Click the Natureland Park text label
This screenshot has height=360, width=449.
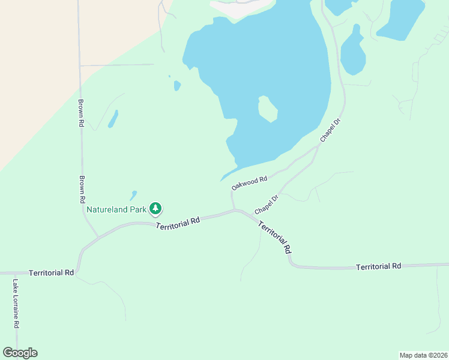117,210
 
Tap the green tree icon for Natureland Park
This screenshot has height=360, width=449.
156,209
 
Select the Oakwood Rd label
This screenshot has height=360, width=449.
249,183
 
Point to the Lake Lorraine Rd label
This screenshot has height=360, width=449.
16,304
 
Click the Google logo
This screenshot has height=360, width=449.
20,353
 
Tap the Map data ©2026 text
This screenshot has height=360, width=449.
423,355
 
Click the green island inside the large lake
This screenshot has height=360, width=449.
267,109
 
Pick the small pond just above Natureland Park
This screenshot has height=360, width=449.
133,196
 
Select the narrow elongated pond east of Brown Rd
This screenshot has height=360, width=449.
113,119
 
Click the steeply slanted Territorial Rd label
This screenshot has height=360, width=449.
276,236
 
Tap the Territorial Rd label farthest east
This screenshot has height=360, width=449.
378,266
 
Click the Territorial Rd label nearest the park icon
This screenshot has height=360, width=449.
178,223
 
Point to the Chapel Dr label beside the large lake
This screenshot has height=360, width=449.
330,130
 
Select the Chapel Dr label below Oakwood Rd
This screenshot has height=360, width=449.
267,205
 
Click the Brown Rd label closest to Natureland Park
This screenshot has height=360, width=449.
82,190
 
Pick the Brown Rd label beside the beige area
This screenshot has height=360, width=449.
80,113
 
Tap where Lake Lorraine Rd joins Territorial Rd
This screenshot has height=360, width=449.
14,272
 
